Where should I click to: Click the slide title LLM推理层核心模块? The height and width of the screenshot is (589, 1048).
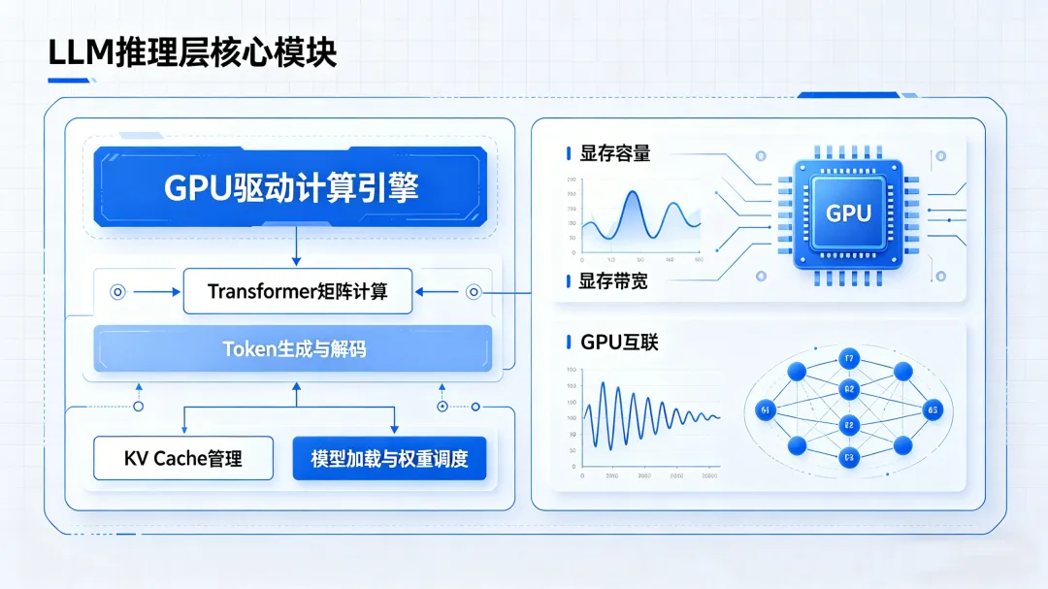coord(192,52)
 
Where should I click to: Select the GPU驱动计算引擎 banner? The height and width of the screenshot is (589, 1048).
coord(290,187)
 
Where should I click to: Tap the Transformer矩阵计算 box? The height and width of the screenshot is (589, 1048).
coord(297,291)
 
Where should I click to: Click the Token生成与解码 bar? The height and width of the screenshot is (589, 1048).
coord(293,349)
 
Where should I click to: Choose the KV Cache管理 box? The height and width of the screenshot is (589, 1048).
coord(183,458)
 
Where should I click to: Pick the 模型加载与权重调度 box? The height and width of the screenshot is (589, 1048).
coord(389,458)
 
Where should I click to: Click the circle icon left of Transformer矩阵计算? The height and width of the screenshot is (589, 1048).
coord(118,291)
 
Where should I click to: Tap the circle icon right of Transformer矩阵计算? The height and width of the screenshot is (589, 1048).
coord(474,291)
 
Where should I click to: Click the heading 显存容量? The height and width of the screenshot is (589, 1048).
coord(615,153)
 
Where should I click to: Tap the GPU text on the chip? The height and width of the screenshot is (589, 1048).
coord(848,213)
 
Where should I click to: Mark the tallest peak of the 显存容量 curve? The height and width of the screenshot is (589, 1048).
coord(632,194)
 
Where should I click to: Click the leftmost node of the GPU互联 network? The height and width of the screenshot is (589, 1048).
coord(766,411)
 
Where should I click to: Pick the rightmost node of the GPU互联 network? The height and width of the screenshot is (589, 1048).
coord(933,410)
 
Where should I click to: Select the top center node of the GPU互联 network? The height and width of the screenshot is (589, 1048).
coord(849,359)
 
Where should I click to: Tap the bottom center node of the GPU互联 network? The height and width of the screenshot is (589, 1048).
coord(849,457)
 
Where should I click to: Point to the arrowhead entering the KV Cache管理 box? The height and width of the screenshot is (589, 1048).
coord(183,431)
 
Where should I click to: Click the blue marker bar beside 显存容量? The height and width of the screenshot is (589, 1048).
coord(568,153)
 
